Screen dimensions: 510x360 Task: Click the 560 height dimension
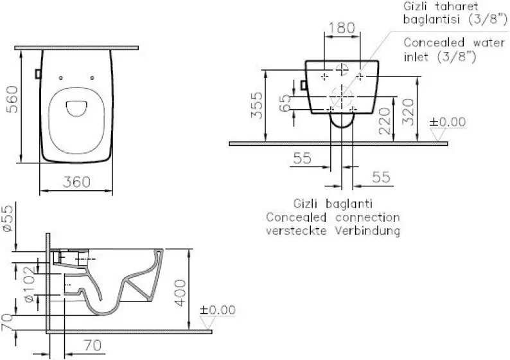[13, 100]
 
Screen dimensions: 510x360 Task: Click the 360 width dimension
[77, 182]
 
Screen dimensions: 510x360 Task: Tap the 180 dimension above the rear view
[342, 28]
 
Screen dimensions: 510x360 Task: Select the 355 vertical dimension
[256, 105]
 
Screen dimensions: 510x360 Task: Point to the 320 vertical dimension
[408, 112]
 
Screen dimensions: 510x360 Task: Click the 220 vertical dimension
[385, 121]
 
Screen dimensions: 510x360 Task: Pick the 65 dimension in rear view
[285, 103]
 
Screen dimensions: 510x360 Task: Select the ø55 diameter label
[8, 219]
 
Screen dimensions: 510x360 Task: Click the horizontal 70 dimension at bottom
[92, 345]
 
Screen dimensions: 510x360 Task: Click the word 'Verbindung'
[367, 231]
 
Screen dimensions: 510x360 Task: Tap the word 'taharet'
[457, 6]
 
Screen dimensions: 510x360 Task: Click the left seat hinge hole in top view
[61, 78]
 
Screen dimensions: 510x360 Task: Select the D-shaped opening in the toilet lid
[76, 109]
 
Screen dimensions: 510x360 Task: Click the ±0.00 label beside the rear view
[448, 122]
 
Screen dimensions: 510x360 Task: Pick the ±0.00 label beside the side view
[218, 310]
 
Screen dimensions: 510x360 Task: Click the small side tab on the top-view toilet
[38, 74]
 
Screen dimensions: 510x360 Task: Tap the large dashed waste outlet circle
[342, 96]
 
